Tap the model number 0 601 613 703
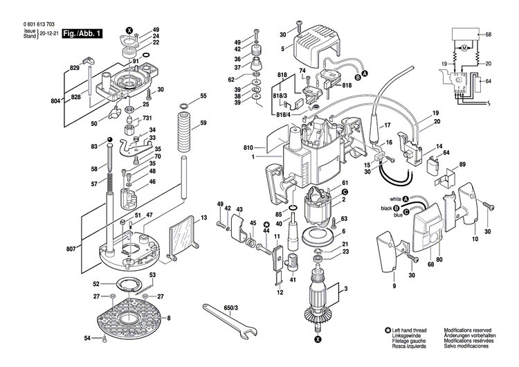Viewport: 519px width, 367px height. click(34, 24)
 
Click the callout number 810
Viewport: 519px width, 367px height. click(248, 147)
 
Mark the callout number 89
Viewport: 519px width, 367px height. click(462, 164)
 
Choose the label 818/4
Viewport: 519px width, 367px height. click(282, 114)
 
